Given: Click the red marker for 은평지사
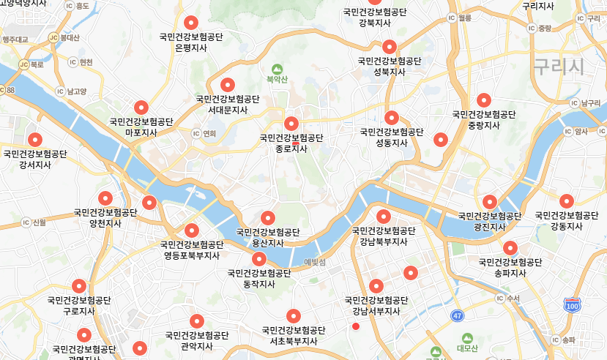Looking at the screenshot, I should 192,23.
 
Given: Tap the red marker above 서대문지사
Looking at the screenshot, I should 228,85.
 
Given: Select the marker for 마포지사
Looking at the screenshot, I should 141,108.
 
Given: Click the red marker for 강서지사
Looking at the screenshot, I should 34,139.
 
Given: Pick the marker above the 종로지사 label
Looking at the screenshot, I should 291,123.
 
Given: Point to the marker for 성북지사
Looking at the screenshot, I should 389,47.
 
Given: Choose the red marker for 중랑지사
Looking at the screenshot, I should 483,100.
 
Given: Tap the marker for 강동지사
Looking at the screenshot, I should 566,200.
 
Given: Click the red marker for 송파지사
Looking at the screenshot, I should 510,248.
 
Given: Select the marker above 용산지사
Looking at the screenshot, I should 268,217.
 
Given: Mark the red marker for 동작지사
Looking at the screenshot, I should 259,259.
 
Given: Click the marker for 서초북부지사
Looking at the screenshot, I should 294,315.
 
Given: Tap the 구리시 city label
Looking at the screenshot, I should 558,67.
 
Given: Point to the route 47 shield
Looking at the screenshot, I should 458,315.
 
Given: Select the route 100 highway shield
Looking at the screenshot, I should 572,304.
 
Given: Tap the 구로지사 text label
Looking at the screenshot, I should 79,311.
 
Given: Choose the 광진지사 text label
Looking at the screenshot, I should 489,227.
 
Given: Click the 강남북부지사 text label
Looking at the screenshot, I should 384,241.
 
